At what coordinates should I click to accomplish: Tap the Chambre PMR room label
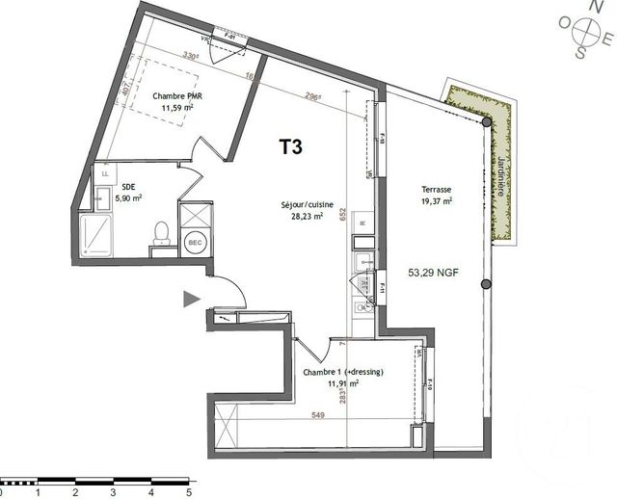[175, 96]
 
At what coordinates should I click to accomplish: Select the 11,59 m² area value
[176, 108]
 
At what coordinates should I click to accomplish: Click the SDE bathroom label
[127, 188]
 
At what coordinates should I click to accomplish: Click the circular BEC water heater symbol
[193, 242]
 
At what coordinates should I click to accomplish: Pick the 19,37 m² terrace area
[436, 202]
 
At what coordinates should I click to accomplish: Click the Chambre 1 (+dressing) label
[343, 372]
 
